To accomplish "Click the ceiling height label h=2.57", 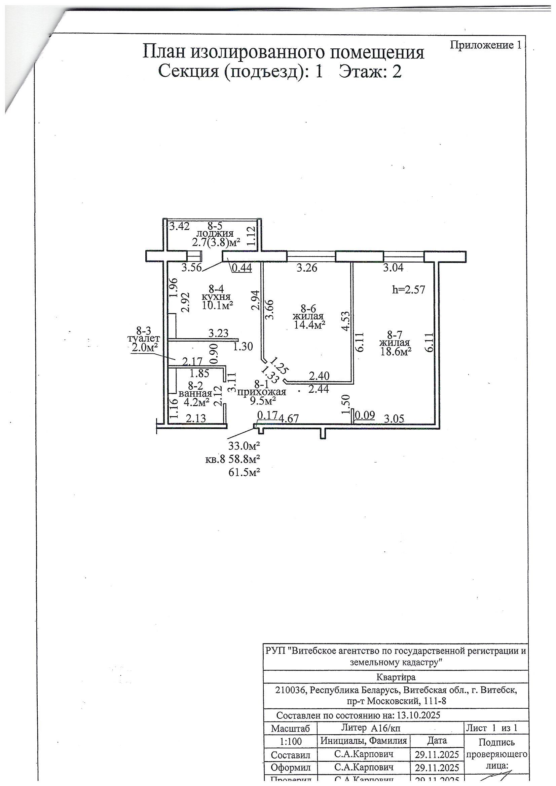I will (x=408, y=289).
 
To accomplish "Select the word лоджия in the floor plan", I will (x=215, y=233).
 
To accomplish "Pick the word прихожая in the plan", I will (x=261, y=392).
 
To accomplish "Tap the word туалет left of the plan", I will (x=144, y=339).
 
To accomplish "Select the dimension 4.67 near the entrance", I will (x=289, y=418).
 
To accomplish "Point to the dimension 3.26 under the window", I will (x=307, y=268).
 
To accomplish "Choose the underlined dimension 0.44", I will (x=242, y=268).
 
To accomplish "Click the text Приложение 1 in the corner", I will (x=485, y=45).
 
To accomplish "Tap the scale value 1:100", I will (x=291, y=742).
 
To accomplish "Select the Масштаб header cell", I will (x=291, y=729).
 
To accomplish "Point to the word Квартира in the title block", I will (x=396, y=677).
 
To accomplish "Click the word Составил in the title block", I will (x=291, y=755).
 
